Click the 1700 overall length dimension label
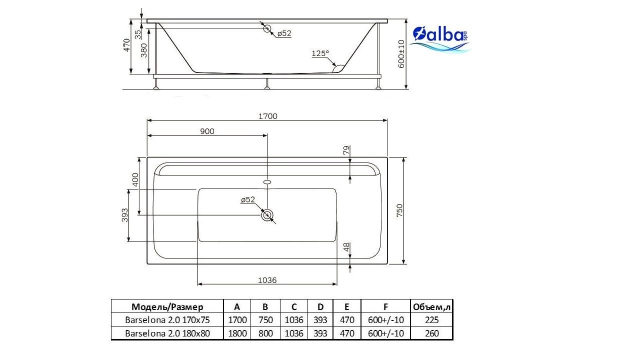click(x=267, y=116)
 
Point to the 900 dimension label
click(x=207, y=131)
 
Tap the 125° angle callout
click(x=320, y=53)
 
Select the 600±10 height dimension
click(x=401, y=54)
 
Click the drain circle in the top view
click(x=267, y=215)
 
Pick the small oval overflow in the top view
click(x=267, y=181)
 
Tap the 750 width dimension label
click(x=399, y=210)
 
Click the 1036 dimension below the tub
click(x=267, y=280)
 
